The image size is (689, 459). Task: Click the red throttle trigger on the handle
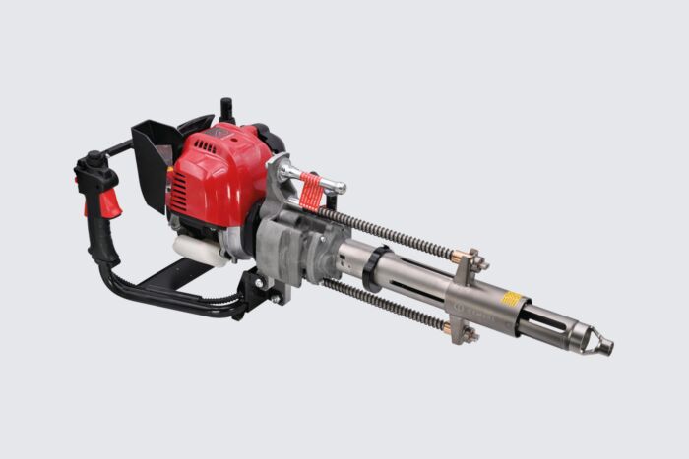[x=110, y=203]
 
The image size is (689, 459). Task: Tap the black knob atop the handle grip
[x=94, y=159]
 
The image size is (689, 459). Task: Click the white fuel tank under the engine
[x=201, y=248]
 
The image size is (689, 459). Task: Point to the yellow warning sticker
[x=511, y=299]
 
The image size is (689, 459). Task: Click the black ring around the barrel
[x=371, y=268]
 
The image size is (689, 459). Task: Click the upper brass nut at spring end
[x=461, y=257]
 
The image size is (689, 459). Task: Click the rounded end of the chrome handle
[x=339, y=187]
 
